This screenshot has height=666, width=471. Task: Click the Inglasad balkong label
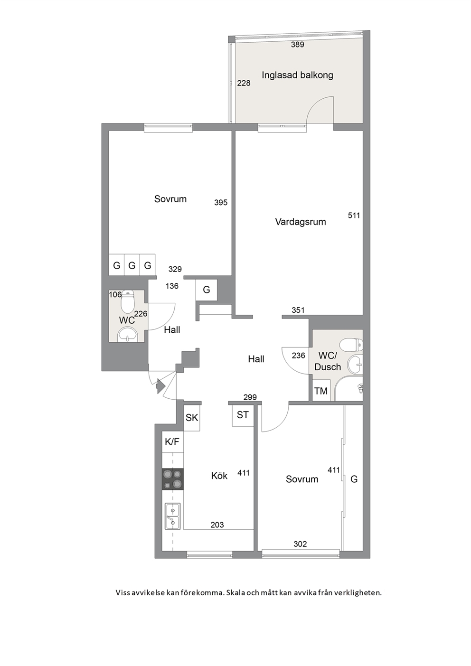[x=297, y=75]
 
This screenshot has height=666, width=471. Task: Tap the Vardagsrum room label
[x=301, y=222]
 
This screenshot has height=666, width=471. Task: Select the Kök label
[x=219, y=476]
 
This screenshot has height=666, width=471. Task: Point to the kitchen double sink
[x=172, y=516]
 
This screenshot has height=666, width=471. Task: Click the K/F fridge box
[x=172, y=442]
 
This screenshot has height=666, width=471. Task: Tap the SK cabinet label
[x=192, y=418]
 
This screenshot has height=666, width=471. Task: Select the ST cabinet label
[x=243, y=415]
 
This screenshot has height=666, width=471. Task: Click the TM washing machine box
[x=321, y=391]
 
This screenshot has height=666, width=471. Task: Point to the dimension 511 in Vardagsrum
[x=354, y=215]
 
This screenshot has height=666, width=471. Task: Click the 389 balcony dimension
[x=298, y=45]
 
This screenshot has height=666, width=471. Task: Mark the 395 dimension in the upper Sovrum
[x=221, y=203]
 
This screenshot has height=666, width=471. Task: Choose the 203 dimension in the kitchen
[x=217, y=525]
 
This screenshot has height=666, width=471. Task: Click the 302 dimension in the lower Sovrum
[x=300, y=544]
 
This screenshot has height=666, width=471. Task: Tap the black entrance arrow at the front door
[x=160, y=386]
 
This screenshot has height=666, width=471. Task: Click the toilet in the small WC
[x=128, y=301]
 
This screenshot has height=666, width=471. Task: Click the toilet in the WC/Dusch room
[x=351, y=345]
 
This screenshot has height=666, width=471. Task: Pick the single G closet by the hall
[x=207, y=290]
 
